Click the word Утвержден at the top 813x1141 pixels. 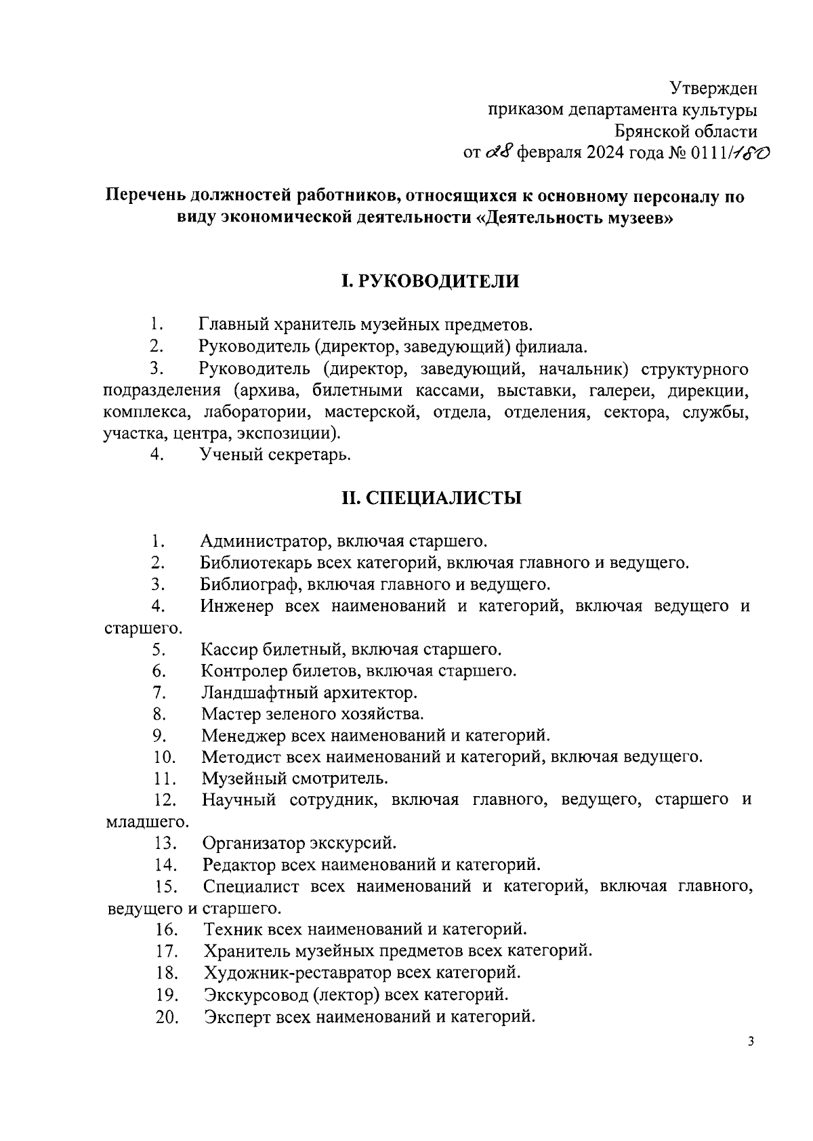tap(713, 89)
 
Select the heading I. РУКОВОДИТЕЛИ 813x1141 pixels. tap(430, 281)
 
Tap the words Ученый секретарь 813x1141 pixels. tap(275, 455)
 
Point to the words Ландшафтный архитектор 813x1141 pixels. tap(309, 693)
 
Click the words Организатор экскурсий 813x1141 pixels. tap(299, 844)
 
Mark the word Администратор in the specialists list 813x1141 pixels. tap(264, 541)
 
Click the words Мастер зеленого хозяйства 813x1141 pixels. tap(312, 714)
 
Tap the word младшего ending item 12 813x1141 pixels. tap(147, 823)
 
